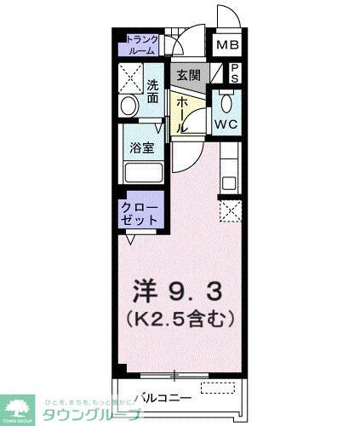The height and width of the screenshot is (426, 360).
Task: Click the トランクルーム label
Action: (x=140, y=45)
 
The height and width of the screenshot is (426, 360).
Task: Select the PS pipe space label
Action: (x=235, y=72)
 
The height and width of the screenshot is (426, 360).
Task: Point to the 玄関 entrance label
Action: (x=188, y=74)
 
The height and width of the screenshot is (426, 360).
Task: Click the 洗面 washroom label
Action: (x=152, y=90)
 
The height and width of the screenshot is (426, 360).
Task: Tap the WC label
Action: (x=225, y=124)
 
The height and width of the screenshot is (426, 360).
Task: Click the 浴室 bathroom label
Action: (x=140, y=147)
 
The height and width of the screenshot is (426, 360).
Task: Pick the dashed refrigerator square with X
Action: (x=230, y=209)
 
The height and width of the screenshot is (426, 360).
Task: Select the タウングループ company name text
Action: (x=93, y=414)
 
